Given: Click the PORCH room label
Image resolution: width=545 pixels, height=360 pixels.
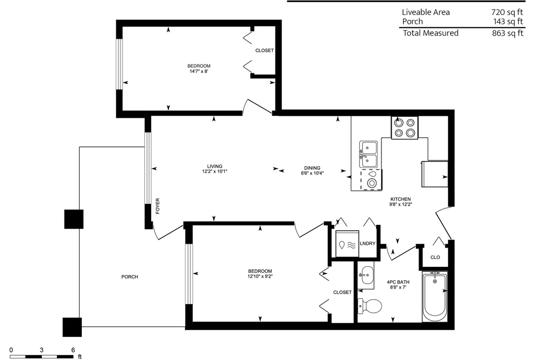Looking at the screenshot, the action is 130,277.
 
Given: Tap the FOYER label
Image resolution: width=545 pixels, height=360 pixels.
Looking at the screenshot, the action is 158,206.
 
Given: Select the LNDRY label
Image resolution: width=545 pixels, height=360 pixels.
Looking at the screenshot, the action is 367,244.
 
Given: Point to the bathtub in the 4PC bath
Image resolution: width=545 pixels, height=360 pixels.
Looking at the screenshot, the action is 435,297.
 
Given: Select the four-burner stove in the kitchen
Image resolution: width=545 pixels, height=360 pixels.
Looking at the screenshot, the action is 405,128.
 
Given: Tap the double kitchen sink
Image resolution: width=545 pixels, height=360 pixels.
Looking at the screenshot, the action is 368,154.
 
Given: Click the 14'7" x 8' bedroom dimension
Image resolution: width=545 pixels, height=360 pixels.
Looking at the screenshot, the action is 199,72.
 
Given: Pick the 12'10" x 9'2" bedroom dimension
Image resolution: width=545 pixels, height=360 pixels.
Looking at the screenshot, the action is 260,277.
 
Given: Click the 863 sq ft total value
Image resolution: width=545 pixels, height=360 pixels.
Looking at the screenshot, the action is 507,33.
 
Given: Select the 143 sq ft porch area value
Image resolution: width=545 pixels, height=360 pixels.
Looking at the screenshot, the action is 508,22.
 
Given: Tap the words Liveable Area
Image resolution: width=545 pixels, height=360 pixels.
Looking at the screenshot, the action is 426,12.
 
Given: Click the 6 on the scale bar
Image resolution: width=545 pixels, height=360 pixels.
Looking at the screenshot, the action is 73,350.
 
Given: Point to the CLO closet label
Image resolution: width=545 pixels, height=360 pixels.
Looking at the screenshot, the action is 435,258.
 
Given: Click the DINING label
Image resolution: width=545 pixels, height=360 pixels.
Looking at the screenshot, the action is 312,168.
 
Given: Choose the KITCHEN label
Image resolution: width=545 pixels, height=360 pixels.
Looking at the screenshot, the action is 400,199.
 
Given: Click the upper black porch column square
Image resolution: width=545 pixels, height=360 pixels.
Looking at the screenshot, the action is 74,219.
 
